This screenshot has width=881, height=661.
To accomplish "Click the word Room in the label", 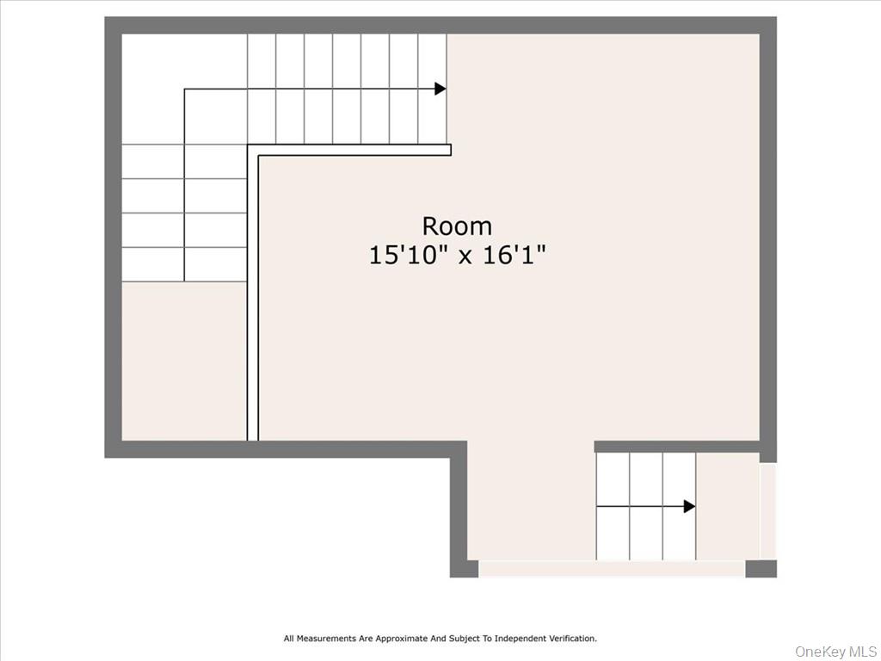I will coord(457,226).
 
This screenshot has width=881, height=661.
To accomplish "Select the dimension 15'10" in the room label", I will coord(409,256).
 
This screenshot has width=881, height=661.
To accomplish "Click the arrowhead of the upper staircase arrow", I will coord(440,89).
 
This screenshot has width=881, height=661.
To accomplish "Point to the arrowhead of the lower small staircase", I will coord(689,506).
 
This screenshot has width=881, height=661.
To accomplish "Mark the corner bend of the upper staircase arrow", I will coord(185,90).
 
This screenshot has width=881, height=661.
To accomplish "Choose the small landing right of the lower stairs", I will coord(727,506).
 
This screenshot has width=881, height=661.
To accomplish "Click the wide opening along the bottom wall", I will coord(612,569).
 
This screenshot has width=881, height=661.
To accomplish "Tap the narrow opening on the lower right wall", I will coord(768,510).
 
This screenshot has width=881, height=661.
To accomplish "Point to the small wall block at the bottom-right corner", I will coord(761,569).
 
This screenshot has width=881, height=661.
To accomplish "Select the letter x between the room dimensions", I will coord(465,256).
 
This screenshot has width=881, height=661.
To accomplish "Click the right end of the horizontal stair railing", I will coord(447,150).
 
